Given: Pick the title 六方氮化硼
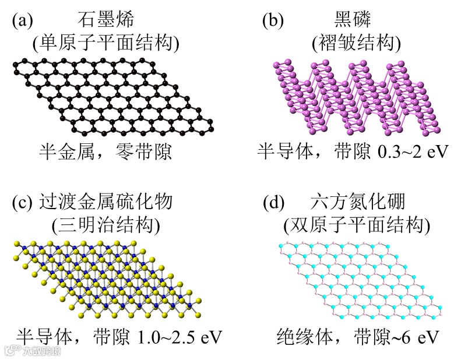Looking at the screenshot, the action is tap(357, 203).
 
